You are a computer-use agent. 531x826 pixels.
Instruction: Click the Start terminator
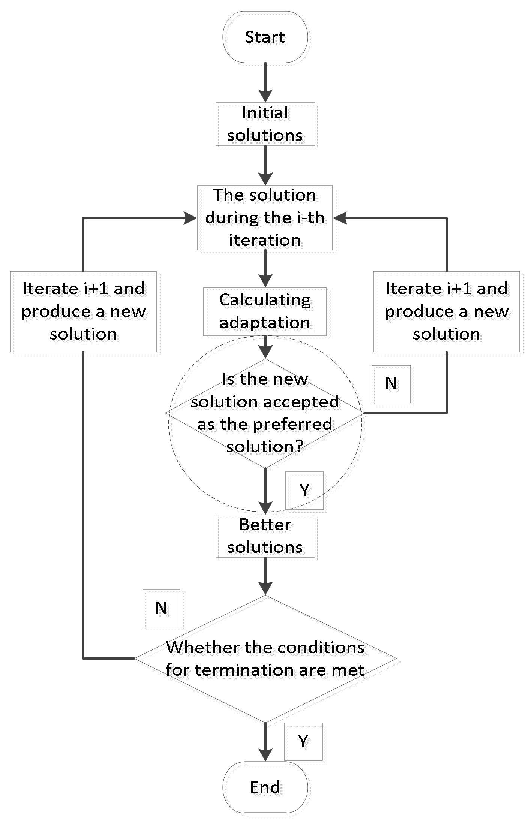265,37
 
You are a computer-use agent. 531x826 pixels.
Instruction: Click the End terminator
265,787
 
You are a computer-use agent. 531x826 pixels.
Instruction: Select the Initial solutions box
265,124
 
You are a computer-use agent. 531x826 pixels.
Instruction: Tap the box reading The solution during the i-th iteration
265,217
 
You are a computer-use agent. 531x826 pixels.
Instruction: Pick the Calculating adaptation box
265,311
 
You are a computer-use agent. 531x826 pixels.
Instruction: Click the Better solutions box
265,536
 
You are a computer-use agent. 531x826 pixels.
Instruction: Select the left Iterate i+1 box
83,311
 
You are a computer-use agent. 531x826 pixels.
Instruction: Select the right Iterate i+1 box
446,311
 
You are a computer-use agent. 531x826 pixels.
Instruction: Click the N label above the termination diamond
161,608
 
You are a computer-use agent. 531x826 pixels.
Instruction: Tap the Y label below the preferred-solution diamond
304,490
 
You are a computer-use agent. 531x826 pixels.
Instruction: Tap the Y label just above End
303,741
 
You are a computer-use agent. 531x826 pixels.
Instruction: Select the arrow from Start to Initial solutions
265,82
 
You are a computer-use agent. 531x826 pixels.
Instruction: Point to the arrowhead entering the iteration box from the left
190,218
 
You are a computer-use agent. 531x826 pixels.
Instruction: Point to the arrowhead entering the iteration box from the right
340,218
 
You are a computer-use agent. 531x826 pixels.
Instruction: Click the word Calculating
265,300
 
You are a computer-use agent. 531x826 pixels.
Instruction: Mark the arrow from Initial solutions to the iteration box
265,165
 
